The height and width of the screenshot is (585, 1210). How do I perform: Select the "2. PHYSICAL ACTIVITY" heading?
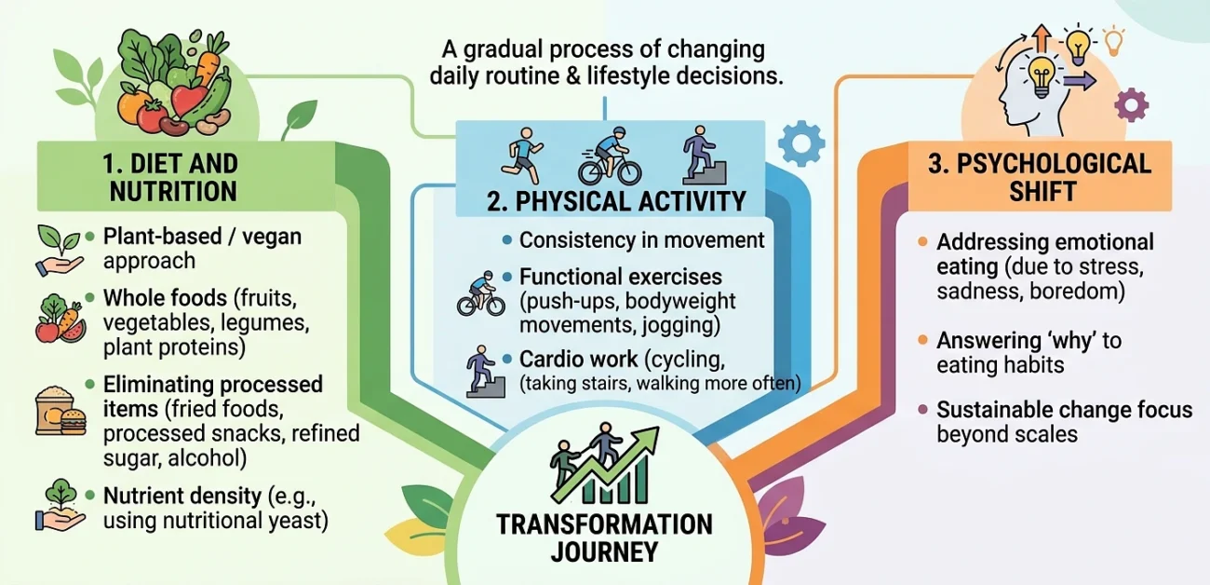pyautogui.click(x=616, y=201)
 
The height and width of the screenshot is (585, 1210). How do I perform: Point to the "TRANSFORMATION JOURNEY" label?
pyautogui.click(x=604, y=538)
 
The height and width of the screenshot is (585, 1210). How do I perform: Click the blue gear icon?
pyautogui.click(x=801, y=143)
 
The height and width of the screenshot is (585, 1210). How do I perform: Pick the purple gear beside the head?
pyautogui.click(x=1132, y=105)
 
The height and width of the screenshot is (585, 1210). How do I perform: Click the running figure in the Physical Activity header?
pyautogui.click(x=522, y=156)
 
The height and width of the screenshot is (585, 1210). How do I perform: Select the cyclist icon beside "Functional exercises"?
pyautogui.click(x=481, y=293)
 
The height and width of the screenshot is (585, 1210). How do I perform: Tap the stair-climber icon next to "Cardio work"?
pyautogui.click(x=485, y=372)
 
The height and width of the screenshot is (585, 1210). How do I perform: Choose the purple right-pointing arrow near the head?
pyautogui.click(x=1080, y=81)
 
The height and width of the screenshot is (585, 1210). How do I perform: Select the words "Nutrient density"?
pyautogui.click(x=182, y=496)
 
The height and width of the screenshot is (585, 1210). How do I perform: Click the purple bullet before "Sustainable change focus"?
pyautogui.click(x=922, y=409)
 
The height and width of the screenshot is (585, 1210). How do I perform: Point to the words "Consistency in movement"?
pyautogui.click(x=641, y=240)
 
